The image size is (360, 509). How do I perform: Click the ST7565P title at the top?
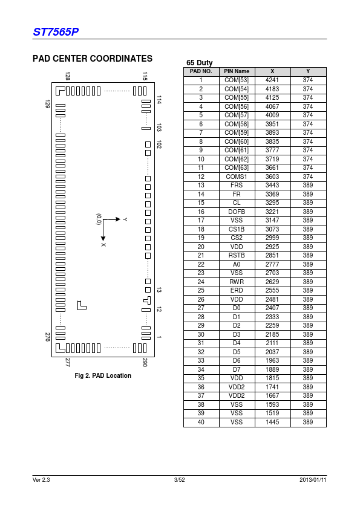56,32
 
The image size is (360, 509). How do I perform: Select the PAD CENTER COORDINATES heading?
93,59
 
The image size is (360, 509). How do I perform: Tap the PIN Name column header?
237,71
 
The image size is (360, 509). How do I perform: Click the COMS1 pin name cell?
237,177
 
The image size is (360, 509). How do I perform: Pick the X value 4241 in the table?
272,80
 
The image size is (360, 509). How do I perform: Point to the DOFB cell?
237,212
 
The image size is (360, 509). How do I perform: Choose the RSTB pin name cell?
237,256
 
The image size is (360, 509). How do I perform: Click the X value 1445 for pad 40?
272,422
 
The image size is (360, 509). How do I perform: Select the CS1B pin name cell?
237,229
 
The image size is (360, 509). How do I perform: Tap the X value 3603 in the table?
272,177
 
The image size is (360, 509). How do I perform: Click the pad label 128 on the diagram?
68,76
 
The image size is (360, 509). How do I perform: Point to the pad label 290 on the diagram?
145,362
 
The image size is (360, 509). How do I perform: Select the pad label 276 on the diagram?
48,337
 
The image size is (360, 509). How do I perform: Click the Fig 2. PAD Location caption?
103,375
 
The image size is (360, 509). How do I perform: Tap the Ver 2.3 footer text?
41,480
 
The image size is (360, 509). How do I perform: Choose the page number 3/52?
179,480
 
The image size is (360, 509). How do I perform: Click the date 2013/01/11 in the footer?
313,480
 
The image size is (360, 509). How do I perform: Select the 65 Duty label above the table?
200,63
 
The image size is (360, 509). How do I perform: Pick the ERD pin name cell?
237,291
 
